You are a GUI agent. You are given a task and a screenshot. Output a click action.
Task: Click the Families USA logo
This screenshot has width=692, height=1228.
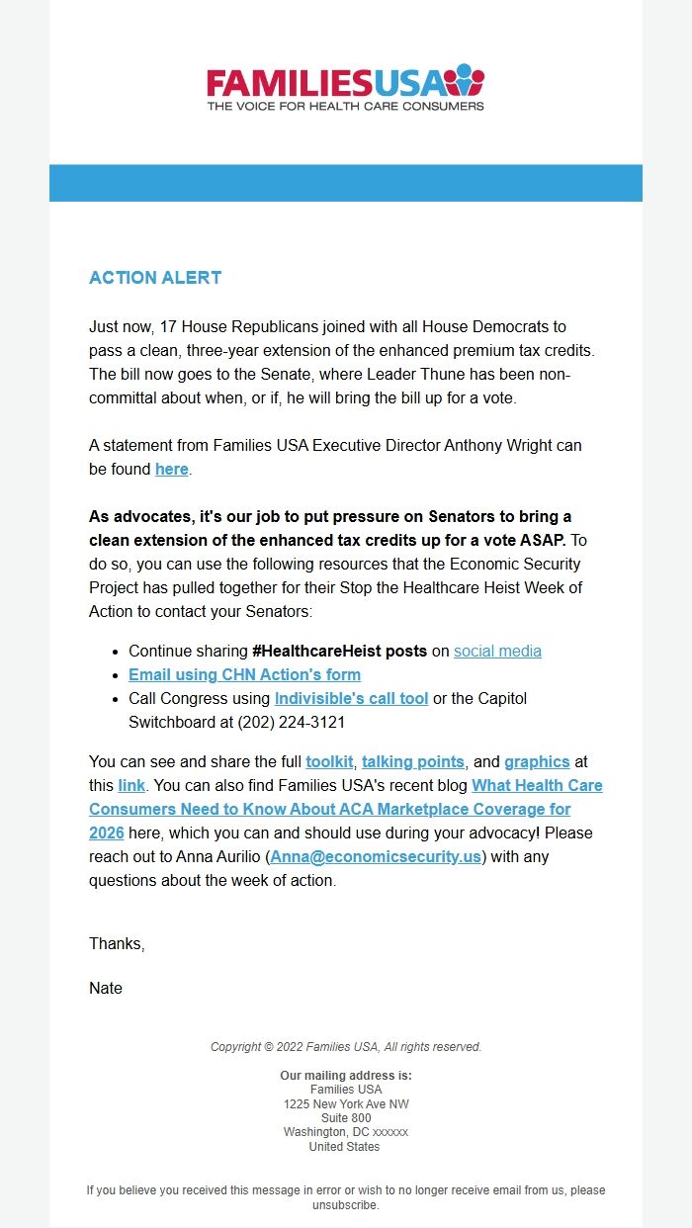pos(345,81)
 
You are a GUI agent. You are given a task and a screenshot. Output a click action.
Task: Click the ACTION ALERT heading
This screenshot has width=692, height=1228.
pos(155,278)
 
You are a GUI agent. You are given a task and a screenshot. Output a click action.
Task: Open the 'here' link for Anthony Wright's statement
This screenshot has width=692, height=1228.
pos(171,469)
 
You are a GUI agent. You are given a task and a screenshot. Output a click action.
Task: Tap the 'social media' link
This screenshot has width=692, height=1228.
pos(497,651)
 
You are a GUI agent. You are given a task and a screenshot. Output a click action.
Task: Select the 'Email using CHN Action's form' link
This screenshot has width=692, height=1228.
pos(244,674)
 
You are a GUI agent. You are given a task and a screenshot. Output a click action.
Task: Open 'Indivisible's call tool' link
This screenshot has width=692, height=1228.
pos(351,698)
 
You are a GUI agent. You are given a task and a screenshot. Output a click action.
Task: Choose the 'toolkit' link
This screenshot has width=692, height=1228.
pos(329,761)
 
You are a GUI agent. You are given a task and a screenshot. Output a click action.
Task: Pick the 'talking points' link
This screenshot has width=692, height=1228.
pos(412,761)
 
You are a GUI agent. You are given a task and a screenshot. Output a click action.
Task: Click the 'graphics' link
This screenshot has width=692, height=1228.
pos(537,761)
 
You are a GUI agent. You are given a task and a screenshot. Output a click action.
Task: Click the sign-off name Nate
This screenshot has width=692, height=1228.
pos(106,988)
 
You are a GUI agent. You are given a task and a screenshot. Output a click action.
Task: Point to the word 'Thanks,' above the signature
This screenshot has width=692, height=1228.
pos(117,943)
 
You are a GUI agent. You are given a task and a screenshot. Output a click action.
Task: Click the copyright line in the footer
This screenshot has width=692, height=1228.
pos(346,1046)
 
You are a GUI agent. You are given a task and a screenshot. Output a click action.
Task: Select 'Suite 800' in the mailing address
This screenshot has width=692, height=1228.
pos(346,1118)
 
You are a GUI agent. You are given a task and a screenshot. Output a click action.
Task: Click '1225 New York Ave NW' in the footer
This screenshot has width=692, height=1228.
pos(346,1103)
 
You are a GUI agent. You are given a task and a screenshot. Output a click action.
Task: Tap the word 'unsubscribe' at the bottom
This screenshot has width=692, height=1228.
pos(344,1205)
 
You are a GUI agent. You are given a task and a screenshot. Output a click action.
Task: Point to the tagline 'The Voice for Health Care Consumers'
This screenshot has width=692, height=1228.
pos(345,105)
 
